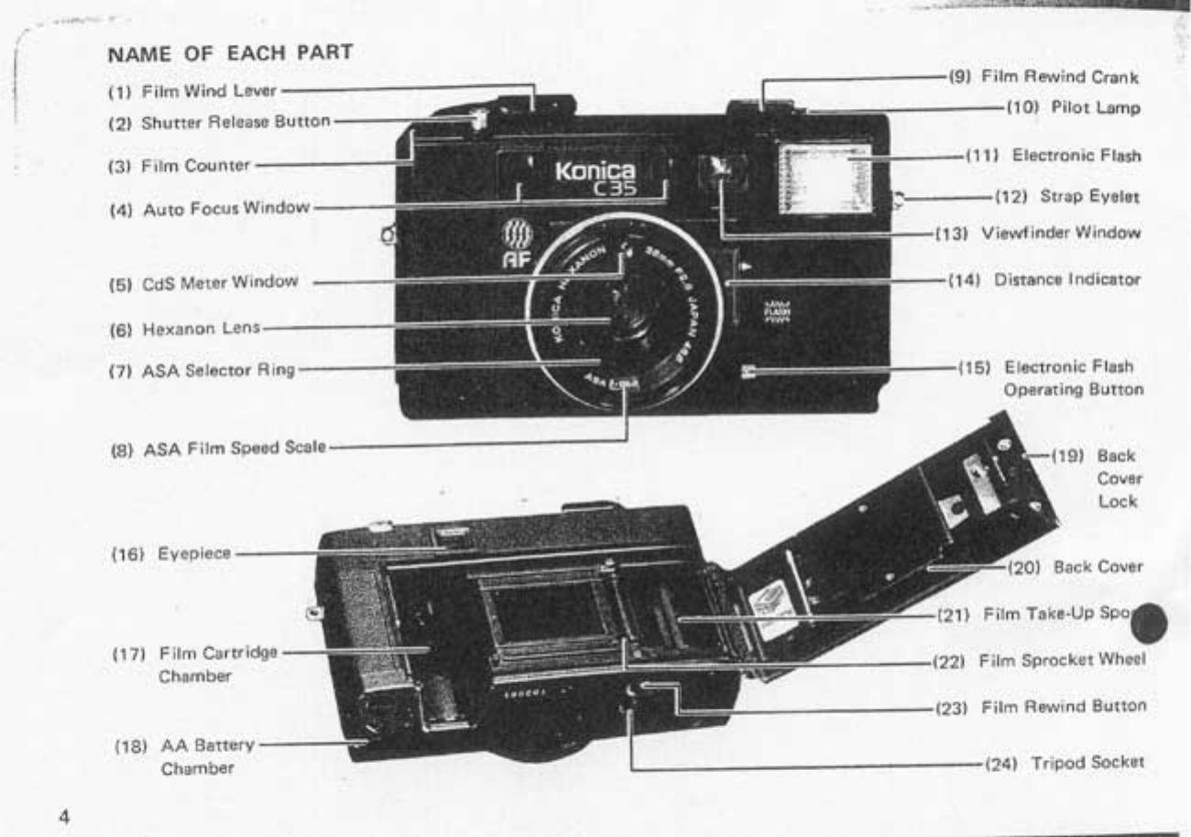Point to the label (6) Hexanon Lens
coord(186,327)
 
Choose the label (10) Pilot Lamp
coord(1074,109)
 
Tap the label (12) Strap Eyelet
coord(1068,197)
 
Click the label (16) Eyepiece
coord(171,554)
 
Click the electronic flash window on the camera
coord(823,176)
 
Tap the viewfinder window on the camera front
coord(722,170)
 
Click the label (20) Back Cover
coord(1075,568)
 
